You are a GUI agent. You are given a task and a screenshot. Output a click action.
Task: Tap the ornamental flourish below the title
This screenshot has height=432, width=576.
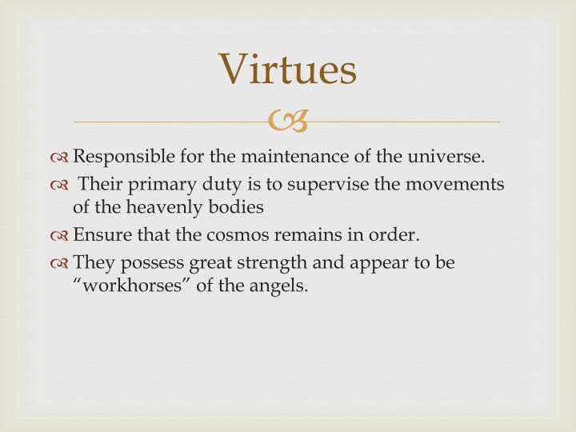(x=288, y=122)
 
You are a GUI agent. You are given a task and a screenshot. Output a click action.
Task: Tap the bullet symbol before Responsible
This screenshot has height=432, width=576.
(x=61, y=157)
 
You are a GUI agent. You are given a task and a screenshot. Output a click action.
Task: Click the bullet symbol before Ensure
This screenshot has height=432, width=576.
(x=61, y=235)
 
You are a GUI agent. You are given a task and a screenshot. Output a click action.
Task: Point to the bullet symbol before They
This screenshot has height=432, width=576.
(x=61, y=263)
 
